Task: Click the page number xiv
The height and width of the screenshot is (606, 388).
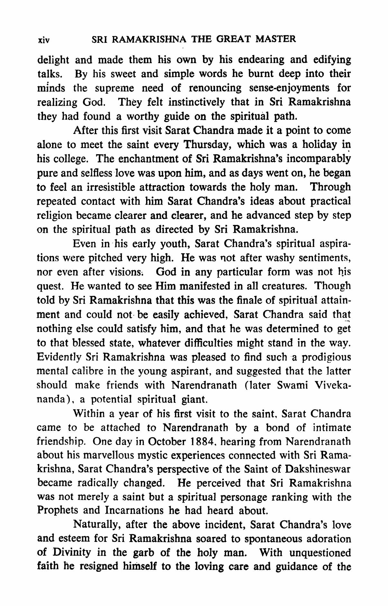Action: (x=43, y=41)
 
